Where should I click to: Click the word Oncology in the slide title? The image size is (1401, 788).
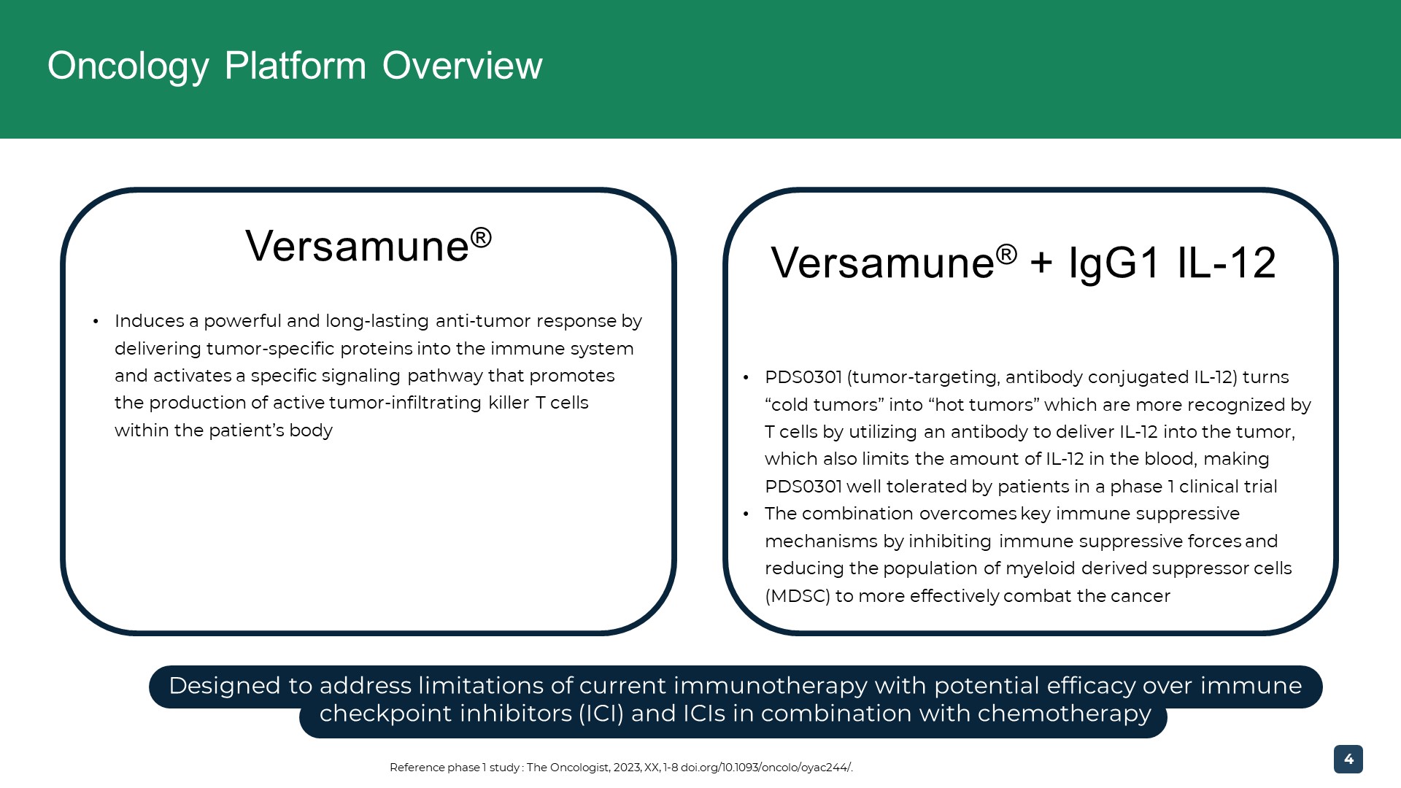128,66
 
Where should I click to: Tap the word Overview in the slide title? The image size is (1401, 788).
463,66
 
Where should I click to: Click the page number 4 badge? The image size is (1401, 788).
1348,759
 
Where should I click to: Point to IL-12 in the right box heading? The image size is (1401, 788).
1227,263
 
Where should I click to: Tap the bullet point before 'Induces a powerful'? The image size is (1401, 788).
96,322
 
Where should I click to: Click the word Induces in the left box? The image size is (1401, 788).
150,321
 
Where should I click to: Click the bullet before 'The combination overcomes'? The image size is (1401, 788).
746,514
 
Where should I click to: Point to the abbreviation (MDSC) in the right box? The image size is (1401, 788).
798,596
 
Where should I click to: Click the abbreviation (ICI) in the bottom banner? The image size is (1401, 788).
601,713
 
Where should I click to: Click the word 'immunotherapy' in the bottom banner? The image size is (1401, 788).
771,686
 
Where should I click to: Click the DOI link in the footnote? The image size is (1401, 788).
766,768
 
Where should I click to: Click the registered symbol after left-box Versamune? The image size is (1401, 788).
481,236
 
